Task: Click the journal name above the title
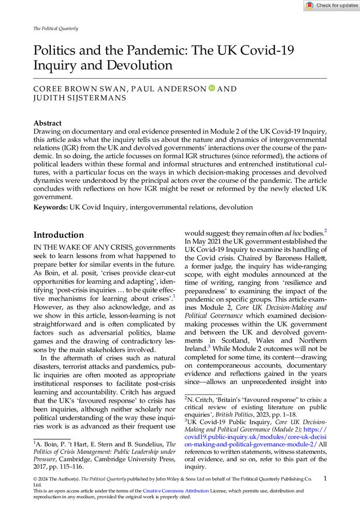55,28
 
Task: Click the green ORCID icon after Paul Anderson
211,89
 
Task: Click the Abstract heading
48,123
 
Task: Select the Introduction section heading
59,235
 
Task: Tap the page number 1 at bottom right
324,480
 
